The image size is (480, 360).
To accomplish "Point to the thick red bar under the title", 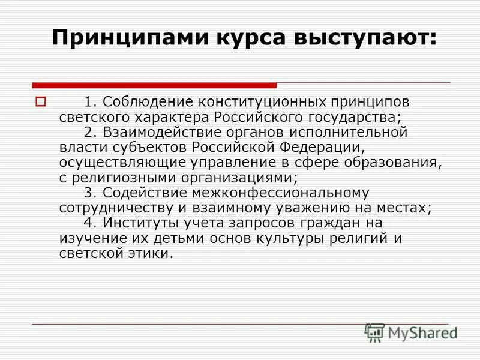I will tap(154, 85).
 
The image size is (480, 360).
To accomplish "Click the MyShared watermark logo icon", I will tap(374, 331).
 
